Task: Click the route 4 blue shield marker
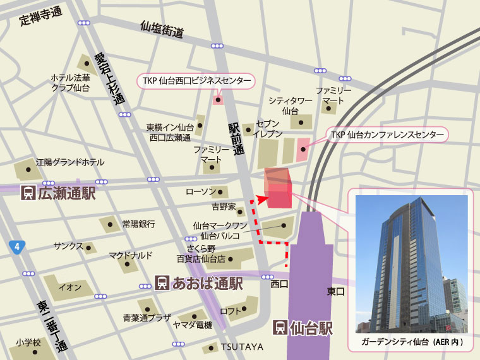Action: pos(16,248)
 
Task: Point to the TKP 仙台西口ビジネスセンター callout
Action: pos(196,81)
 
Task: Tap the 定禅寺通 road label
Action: pos(40,16)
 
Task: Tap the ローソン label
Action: pos(201,191)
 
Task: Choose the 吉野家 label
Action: pos(223,207)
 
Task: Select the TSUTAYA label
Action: pos(241,347)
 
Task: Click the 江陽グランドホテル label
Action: pos(70,162)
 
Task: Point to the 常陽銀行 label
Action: pos(138,224)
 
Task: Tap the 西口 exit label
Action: pos(279,284)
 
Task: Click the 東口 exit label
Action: pos(335,291)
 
